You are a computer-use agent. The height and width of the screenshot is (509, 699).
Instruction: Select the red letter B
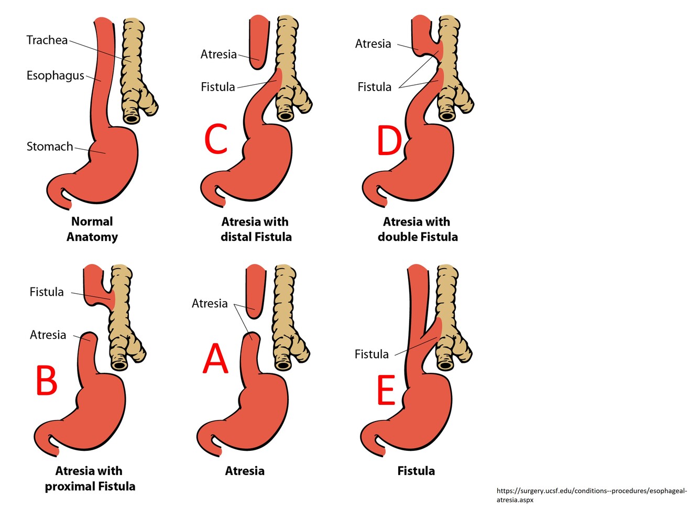[x=46, y=380]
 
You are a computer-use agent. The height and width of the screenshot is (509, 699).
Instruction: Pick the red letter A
[x=215, y=359]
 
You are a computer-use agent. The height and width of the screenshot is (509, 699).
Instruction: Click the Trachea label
[x=47, y=40]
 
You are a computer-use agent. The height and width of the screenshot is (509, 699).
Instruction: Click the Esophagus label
[x=55, y=75]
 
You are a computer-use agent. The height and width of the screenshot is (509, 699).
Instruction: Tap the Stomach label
[x=50, y=147]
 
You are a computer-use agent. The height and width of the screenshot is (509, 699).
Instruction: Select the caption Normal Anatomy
[x=92, y=229]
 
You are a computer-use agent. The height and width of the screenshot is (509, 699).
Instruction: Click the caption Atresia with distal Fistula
[x=256, y=229]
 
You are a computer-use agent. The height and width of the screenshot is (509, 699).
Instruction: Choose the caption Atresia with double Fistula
[x=417, y=229]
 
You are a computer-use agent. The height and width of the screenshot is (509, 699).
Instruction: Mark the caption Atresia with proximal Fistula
[x=90, y=478]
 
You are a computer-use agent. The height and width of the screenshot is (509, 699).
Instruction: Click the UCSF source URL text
[x=591, y=495]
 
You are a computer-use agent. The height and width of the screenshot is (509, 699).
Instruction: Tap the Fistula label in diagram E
[x=372, y=355]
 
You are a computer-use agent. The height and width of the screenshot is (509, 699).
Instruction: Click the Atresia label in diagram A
[x=210, y=304]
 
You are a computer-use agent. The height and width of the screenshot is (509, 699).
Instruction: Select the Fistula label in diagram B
[x=47, y=292]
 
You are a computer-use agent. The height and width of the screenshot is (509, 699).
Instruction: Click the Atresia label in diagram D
[x=373, y=44]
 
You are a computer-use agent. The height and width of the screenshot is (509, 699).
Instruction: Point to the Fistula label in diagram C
[x=217, y=87]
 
